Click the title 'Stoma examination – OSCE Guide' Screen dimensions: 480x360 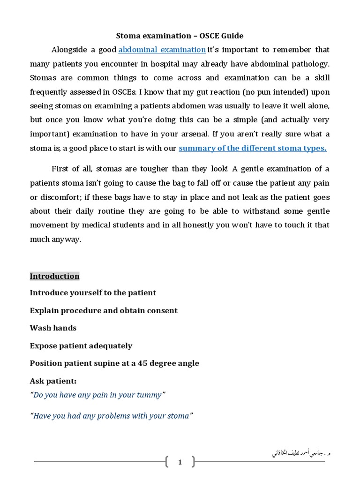pos(180,36)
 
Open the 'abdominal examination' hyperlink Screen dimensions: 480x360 pos(162,50)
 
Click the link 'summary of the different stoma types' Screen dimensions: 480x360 pos(253,148)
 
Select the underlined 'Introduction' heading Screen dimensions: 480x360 pos(54,276)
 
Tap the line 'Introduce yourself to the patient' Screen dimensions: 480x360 pos(93,292)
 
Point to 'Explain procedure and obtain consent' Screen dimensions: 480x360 pos(104,310)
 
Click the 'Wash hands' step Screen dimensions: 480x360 pos(53,328)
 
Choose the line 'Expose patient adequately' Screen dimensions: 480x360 pos(81,346)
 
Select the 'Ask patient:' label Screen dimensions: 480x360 pos(53,381)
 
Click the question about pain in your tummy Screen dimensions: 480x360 pos(97,395)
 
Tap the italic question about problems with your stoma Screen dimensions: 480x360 pos(112,416)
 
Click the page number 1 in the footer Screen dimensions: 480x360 pos(180,463)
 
